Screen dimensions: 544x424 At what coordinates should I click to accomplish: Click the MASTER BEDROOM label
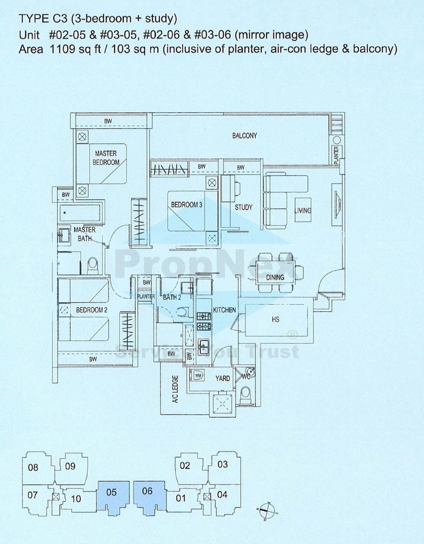106,158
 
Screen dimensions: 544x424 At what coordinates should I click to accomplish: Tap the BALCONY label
244,136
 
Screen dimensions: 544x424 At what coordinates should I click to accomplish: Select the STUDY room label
243,207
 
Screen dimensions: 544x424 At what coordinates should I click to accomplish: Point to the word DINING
275,277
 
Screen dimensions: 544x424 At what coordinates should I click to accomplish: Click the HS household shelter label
275,319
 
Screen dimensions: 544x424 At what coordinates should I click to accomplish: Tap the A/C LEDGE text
175,389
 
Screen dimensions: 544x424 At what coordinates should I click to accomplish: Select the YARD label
222,378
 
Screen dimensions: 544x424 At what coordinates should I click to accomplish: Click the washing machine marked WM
198,375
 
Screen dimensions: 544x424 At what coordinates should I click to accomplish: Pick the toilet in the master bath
93,265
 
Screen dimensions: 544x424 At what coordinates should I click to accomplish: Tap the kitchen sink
203,346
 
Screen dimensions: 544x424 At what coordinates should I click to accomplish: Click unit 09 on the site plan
70,466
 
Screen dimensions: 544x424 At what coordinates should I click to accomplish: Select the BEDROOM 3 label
186,205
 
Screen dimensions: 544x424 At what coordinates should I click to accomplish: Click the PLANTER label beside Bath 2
146,297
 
